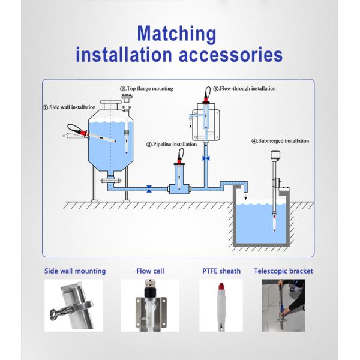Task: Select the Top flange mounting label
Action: click(147, 88)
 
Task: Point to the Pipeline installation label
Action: click(172, 144)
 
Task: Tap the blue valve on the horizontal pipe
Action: click(149, 188)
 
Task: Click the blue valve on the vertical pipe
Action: click(206, 157)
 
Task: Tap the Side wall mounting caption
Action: click(75, 271)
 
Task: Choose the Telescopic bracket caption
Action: click(283, 271)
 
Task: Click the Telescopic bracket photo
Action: click(283, 305)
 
